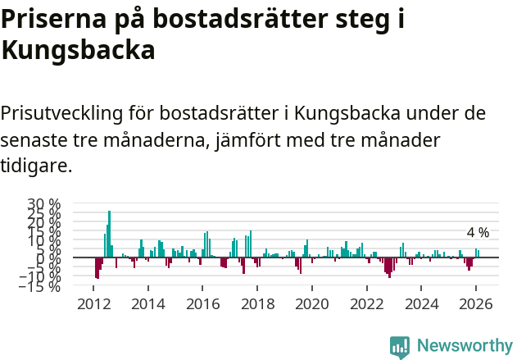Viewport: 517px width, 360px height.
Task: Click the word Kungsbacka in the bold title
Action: click(78, 51)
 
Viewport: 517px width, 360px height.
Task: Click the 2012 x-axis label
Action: click(93, 303)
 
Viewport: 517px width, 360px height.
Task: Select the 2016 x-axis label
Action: click(202, 303)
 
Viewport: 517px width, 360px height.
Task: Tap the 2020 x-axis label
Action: click(312, 303)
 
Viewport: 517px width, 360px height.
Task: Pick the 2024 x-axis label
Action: click(422, 303)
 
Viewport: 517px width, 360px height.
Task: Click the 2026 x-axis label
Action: click(476, 303)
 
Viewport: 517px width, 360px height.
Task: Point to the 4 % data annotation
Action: click(478, 232)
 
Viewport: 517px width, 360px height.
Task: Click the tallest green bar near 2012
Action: click(109, 234)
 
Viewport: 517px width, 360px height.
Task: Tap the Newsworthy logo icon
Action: click(400, 345)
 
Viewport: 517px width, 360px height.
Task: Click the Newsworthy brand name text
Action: click(464, 345)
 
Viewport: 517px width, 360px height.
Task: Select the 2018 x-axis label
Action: click(257, 303)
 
